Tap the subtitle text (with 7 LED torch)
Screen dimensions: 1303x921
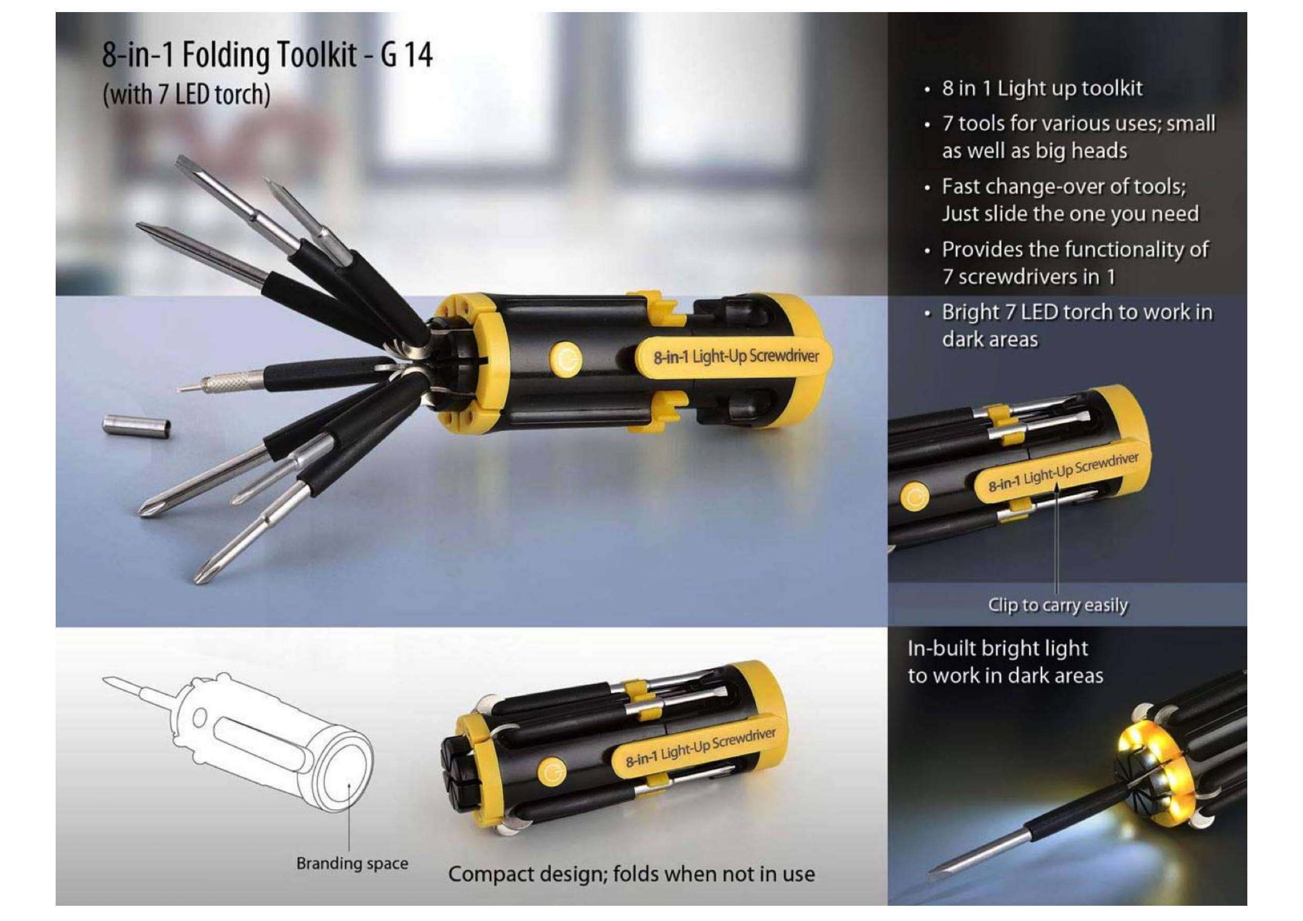(186, 94)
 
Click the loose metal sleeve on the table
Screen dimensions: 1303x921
(137, 426)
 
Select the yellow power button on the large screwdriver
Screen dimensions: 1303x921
(566, 359)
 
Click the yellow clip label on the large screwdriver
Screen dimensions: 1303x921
(733, 357)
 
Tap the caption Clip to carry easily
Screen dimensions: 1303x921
(1058, 605)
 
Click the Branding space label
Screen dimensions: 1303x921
(352, 864)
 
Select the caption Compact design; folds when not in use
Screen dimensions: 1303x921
(631, 874)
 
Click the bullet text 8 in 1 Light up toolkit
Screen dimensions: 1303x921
(1042, 89)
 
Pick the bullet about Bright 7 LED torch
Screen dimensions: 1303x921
(1077, 325)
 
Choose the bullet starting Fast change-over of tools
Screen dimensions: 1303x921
(1070, 200)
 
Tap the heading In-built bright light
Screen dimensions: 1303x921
(997, 648)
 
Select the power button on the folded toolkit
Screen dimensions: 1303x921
(551, 773)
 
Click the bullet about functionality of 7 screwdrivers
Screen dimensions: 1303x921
(1075, 263)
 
